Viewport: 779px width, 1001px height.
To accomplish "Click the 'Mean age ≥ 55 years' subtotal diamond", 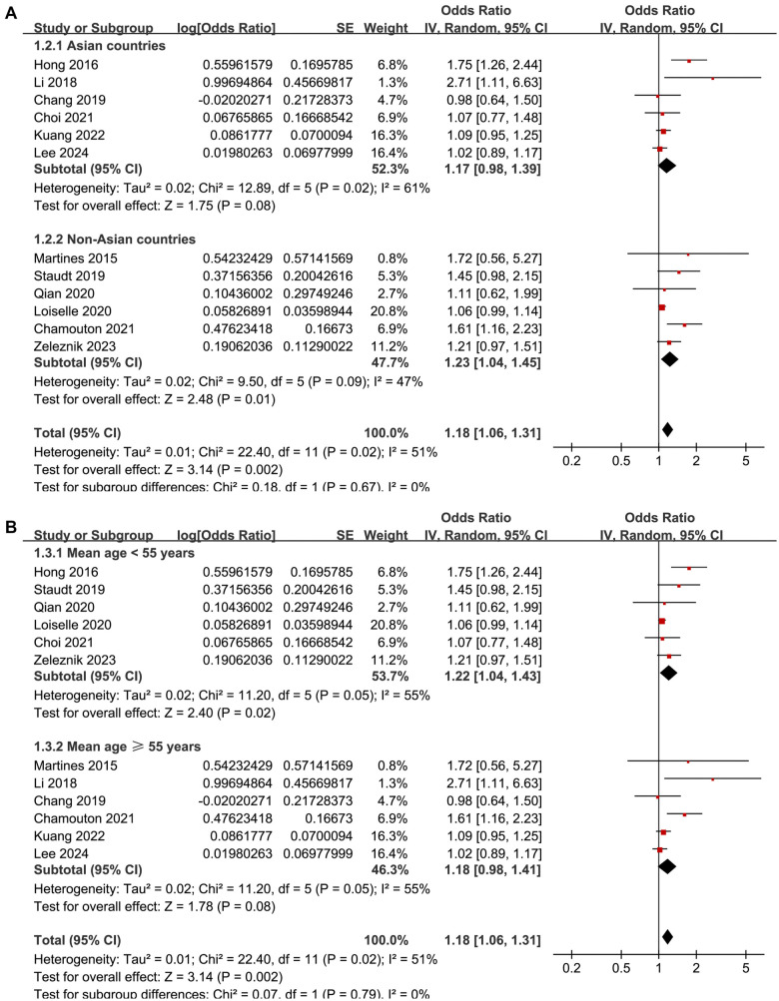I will [x=667, y=868].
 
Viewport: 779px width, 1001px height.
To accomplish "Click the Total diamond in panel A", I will [x=667, y=429].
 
